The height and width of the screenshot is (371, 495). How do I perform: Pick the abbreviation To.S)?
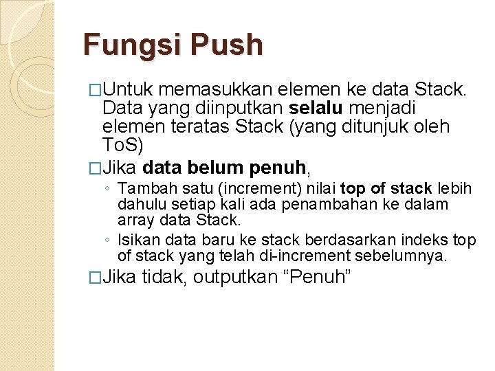(x=122, y=145)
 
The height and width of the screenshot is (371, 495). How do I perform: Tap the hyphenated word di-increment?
(x=313, y=256)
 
